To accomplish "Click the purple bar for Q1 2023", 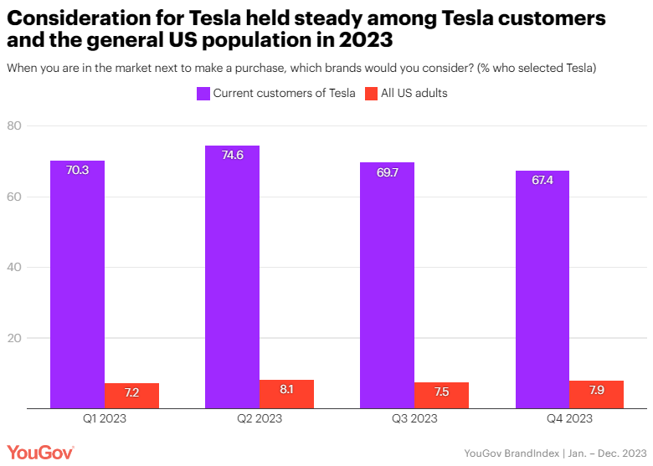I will pos(77,284).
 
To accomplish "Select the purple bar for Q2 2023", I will pos(232,277).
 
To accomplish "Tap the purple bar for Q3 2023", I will pos(387,285).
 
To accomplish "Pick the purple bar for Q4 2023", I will pos(542,289).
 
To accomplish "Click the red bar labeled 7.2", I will pos(131,396).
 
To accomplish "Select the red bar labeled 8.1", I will pos(286,394).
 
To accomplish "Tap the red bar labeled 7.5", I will pos(441,395).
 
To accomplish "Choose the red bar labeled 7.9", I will pos(596,394).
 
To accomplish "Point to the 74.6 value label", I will pos(232,155).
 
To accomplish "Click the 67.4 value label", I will pos(542,180).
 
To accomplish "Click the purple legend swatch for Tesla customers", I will pos(203,94).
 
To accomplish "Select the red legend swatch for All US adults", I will pos(372,94).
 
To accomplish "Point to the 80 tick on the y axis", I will pos(36,126).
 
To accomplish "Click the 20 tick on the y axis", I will pos(36,338).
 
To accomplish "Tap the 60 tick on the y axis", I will pos(36,197).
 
